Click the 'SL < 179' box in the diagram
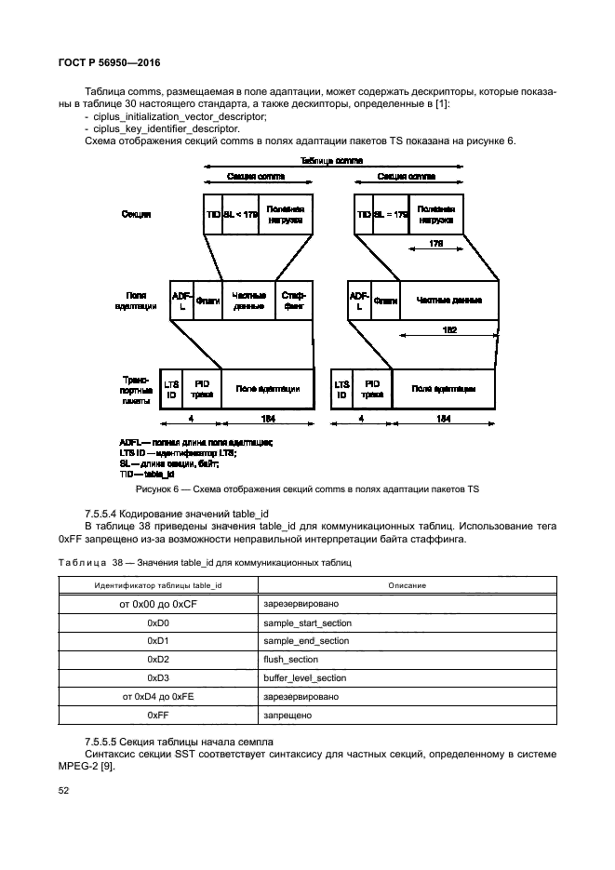coord(240,214)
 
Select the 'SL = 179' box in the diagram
coord(391,214)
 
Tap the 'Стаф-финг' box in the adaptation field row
coord(294,300)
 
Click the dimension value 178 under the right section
coord(436,243)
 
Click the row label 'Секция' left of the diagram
coord(136,215)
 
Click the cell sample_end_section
coord(306,641)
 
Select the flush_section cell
coord(291,660)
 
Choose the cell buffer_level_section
coord(304,678)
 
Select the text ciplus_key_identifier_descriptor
coord(161,128)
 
